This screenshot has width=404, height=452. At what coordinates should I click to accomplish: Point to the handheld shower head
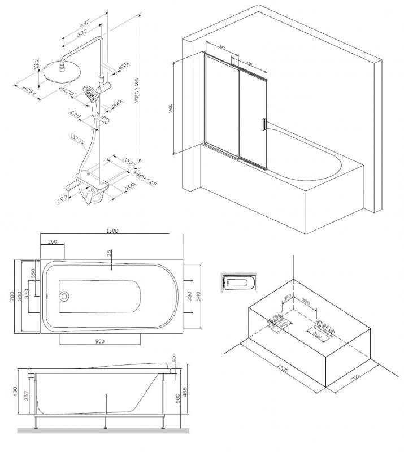click(90, 94)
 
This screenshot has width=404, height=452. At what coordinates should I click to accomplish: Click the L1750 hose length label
click(79, 137)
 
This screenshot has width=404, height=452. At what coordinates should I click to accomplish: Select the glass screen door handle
click(262, 124)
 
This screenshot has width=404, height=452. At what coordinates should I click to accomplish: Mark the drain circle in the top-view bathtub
click(64, 296)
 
